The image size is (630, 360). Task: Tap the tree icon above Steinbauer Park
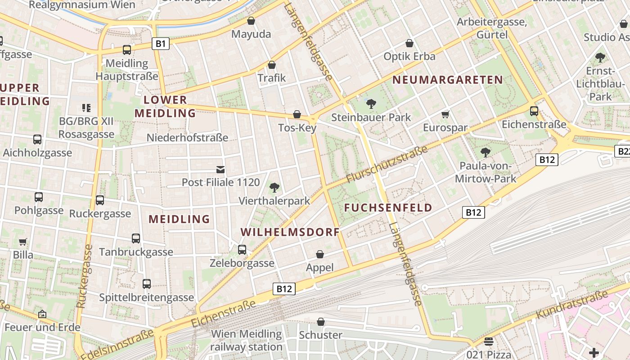(x=371, y=104)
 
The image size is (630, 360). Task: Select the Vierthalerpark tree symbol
(x=274, y=188)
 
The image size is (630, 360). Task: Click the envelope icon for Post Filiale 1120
(x=220, y=170)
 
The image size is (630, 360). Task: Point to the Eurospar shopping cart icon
(x=445, y=115)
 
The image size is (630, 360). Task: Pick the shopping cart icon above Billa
(x=23, y=242)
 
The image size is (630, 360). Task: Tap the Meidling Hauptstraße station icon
(x=127, y=50)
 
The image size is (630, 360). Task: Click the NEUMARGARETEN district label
(x=448, y=80)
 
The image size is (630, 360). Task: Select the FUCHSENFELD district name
(x=388, y=208)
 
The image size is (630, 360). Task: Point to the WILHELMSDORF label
(x=290, y=232)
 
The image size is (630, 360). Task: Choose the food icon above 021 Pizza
(x=489, y=342)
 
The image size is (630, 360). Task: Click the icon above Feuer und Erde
(x=42, y=314)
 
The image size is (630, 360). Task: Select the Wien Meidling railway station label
(x=246, y=341)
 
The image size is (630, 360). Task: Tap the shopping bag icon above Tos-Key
(x=297, y=114)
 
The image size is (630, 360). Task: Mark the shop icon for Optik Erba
(x=409, y=43)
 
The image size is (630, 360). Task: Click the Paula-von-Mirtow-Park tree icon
(x=485, y=153)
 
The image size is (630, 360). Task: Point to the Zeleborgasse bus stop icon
(x=242, y=249)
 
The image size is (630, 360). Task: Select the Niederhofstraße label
(x=188, y=138)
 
